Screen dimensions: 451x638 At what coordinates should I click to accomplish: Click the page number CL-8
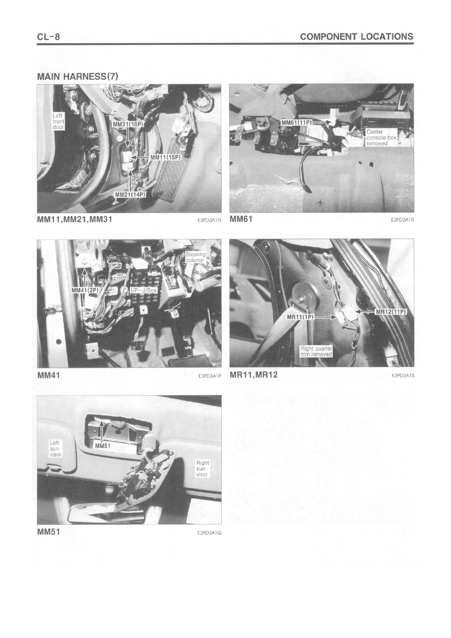point(48,37)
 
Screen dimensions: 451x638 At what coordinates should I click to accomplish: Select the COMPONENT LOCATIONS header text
point(357,36)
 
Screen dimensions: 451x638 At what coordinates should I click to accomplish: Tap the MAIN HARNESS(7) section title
point(77,76)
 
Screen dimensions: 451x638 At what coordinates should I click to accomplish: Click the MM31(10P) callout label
point(128,124)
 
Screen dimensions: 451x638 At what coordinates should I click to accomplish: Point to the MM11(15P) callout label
point(166,157)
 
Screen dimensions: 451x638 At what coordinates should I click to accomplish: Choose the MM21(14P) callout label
point(130,194)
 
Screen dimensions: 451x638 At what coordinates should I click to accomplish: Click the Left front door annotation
point(59,121)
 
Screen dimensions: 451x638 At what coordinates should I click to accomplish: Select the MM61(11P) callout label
point(296,122)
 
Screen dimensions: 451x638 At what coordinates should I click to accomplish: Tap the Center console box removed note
point(381,137)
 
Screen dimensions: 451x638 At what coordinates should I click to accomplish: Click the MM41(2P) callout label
point(84,290)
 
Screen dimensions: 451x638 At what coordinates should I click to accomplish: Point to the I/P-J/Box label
point(143,290)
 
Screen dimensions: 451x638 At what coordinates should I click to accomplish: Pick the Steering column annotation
point(195,257)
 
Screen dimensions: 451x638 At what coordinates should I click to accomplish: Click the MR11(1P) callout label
point(300,317)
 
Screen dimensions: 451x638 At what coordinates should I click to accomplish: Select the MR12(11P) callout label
point(391,312)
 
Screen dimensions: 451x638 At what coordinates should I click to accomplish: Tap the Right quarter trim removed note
point(317,352)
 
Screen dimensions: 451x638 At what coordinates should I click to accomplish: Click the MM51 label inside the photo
point(103,446)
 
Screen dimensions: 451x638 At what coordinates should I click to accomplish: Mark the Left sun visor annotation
point(55,449)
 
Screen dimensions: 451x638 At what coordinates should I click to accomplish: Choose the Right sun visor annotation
point(202,469)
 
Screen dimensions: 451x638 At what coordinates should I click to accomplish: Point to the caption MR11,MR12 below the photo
point(254,375)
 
